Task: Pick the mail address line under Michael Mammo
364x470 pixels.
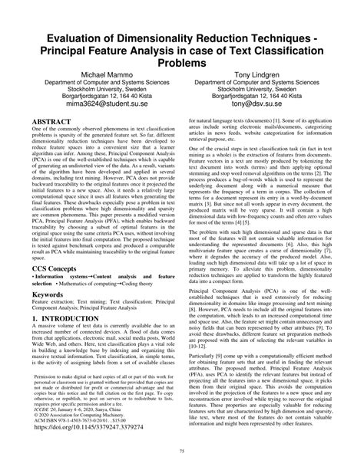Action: tap(94, 100)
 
